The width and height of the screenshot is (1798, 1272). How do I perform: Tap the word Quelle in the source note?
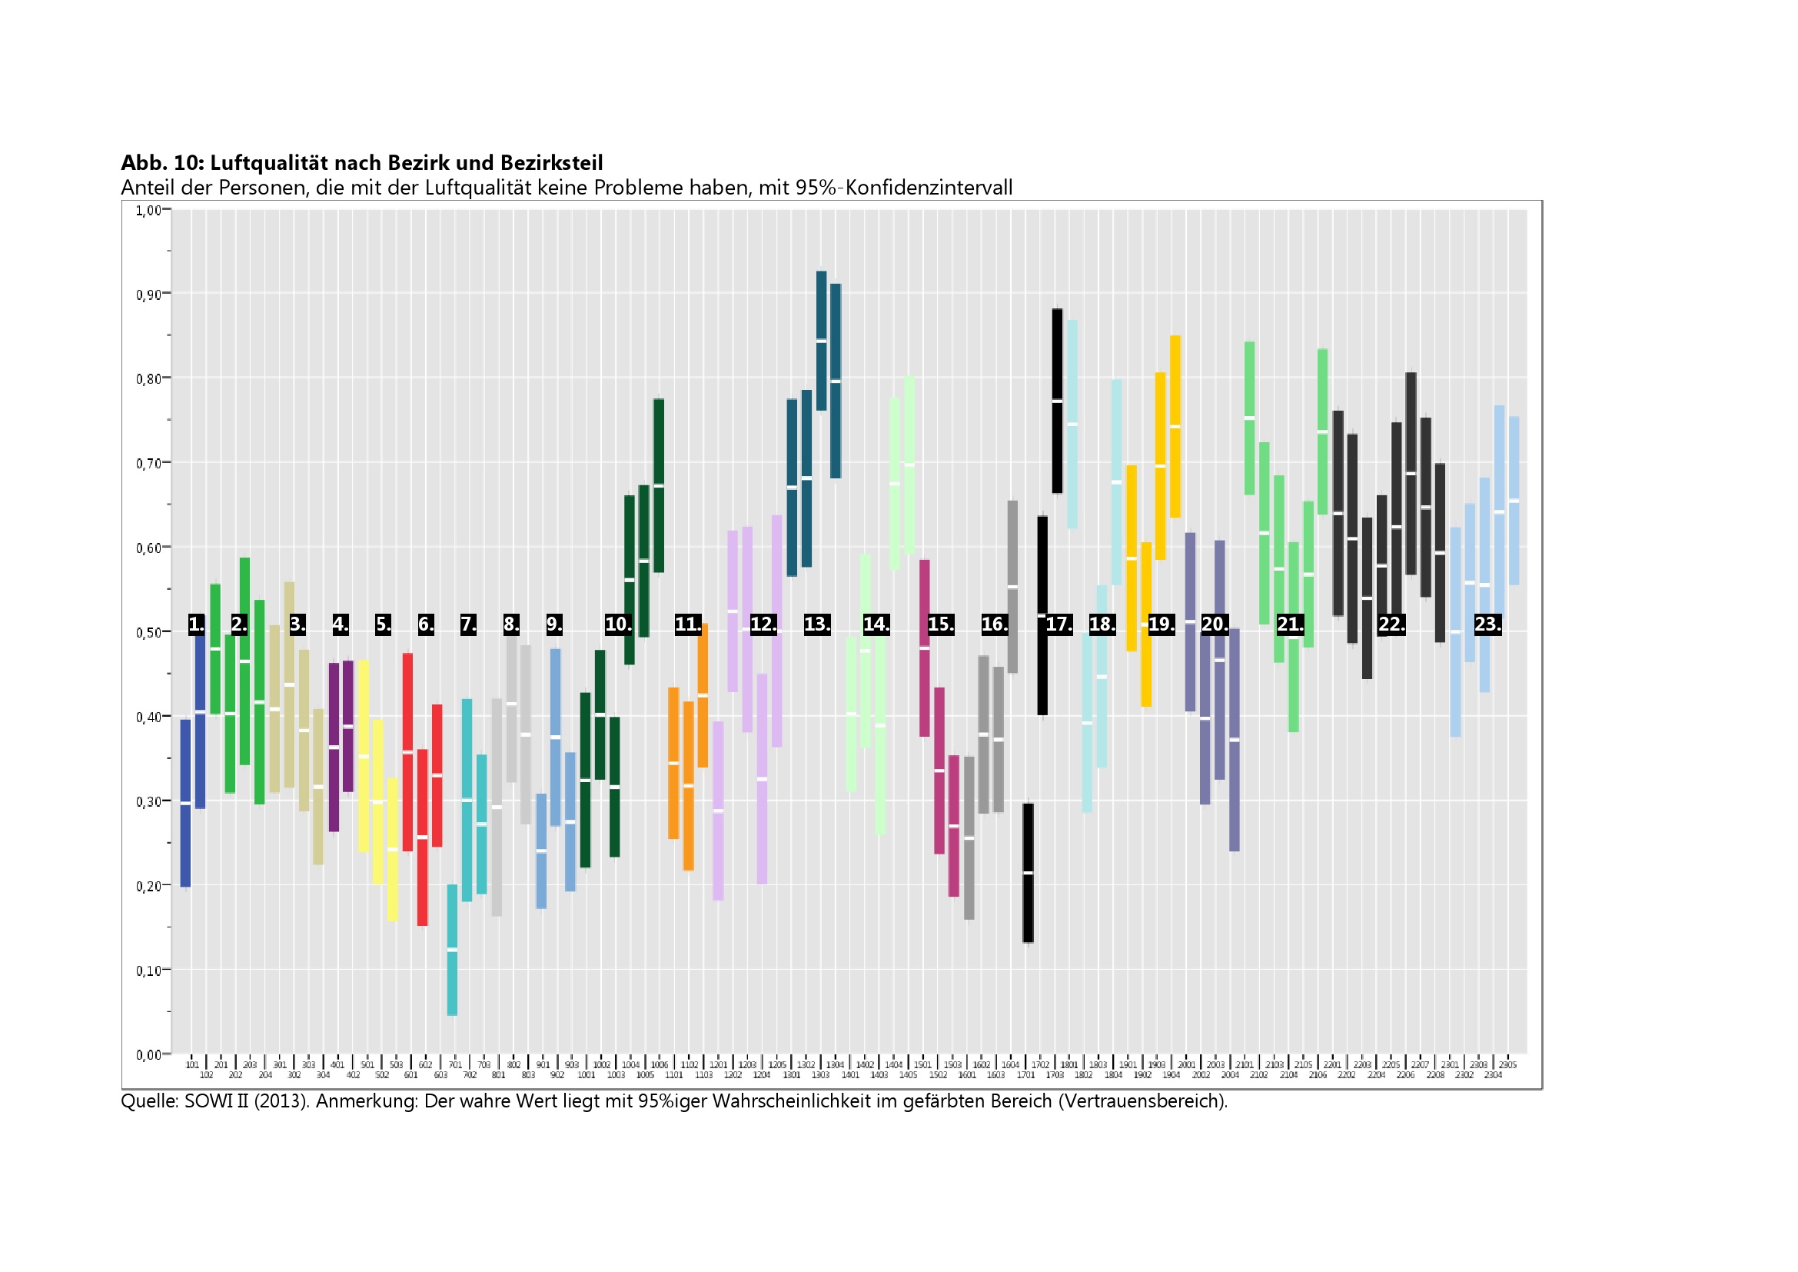click(x=149, y=1101)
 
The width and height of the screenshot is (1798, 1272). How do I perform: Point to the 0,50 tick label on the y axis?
click(x=148, y=632)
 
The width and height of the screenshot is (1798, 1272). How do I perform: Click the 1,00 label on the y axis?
click(x=148, y=210)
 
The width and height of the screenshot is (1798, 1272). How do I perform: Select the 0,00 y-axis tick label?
click(x=148, y=1054)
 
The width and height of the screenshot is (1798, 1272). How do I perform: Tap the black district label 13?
click(x=817, y=624)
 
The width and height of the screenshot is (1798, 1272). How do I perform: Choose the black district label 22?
click(x=1391, y=624)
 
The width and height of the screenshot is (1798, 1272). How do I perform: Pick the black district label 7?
click(x=467, y=624)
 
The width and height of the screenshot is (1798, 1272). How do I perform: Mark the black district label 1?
click(x=196, y=624)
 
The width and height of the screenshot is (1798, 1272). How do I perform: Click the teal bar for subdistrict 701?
click(x=452, y=949)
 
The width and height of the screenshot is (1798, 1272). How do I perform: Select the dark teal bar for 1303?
click(x=822, y=341)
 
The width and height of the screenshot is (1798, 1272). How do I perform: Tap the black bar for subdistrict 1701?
click(x=1029, y=873)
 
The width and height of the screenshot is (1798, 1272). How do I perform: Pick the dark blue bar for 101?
click(x=185, y=803)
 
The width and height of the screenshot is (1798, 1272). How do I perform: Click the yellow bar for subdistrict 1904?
click(x=1175, y=426)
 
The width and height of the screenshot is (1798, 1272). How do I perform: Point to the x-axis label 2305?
click(x=1507, y=1064)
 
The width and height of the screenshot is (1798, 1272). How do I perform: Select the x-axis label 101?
click(x=192, y=1064)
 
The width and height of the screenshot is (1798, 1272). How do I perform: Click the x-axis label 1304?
click(x=836, y=1064)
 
